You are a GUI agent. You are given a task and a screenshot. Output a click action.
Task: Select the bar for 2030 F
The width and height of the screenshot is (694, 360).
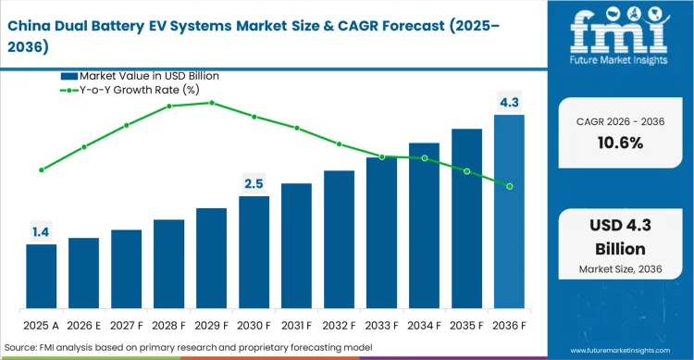(x=254, y=252)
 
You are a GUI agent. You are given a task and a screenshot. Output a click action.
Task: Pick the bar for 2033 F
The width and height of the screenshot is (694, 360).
(x=381, y=232)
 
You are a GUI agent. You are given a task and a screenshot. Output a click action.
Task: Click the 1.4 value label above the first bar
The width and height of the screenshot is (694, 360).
(x=41, y=232)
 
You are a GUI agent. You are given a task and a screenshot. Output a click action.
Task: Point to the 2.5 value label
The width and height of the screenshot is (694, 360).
(x=254, y=183)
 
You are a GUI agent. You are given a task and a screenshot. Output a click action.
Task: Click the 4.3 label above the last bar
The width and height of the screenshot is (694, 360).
(x=509, y=103)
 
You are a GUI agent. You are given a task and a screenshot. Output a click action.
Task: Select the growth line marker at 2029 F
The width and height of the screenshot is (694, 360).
(x=212, y=103)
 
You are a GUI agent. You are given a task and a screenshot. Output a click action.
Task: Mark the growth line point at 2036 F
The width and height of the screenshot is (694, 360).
(x=509, y=186)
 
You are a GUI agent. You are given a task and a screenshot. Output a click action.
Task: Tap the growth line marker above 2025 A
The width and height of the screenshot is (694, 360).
(x=41, y=169)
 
